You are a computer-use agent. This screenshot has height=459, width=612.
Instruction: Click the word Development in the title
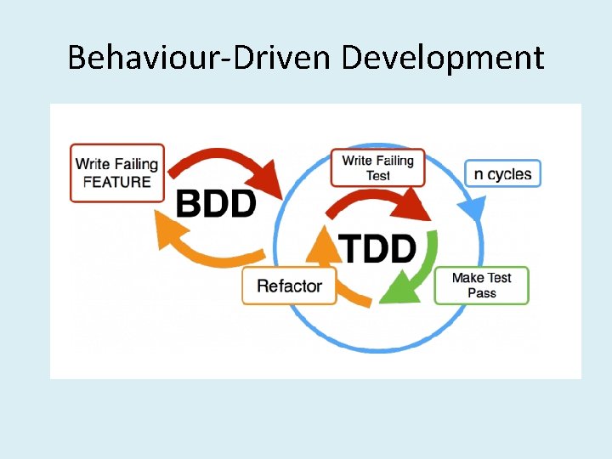pyautogui.click(x=442, y=58)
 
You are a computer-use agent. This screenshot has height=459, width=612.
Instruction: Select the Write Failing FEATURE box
pyautogui.click(x=116, y=173)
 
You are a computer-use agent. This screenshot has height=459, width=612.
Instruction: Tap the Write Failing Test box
pyautogui.click(x=377, y=167)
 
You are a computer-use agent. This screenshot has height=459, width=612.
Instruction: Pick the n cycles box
pyautogui.click(x=502, y=174)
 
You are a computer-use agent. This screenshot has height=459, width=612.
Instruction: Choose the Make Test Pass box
pyautogui.click(x=481, y=286)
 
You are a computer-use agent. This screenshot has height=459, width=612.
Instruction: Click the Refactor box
pyautogui.click(x=289, y=286)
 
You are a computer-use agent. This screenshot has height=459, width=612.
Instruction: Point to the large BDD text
pyautogui.click(x=216, y=204)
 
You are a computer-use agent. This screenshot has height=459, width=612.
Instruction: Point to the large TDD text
pyautogui.click(x=378, y=248)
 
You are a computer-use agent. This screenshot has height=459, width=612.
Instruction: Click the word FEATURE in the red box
pyautogui.click(x=116, y=181)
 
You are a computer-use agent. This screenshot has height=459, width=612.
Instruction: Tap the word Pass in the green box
pyautogui.click(x=481, y=293)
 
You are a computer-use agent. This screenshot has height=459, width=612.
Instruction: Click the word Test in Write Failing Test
pyautogui.click(x=378, y=176)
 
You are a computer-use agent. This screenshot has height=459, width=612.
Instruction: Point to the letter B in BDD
pyautogui.click(x=189, y=204)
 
